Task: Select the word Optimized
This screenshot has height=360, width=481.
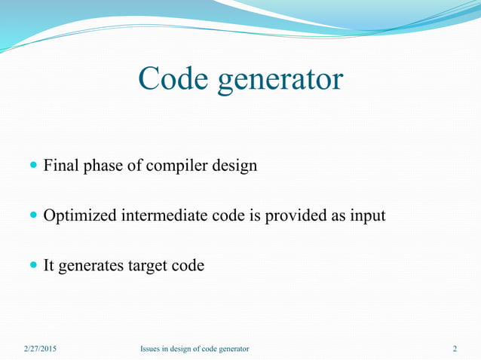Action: (x=79, y=216)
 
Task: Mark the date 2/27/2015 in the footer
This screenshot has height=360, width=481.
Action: (x=39, y=349)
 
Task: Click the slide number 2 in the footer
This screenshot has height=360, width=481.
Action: (x=455, y=349)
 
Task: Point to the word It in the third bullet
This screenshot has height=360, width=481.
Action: (x=49, y=266)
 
